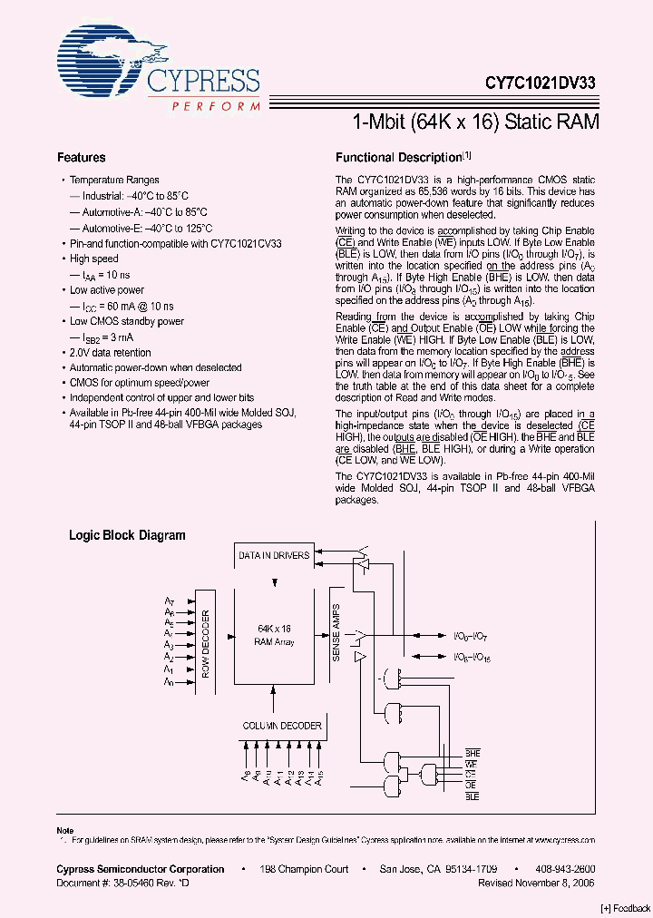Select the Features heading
[x=82, y=158]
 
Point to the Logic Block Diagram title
[x=127, y=535]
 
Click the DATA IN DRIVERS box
[x=273, y=555]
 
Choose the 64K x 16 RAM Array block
[x=273, y=634]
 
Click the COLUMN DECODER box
[x=281, y=726]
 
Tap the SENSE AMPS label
[x=336, y=632]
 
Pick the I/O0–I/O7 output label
[x=471, y=637]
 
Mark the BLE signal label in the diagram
[x=472, y=796]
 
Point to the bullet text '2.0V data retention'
[x=111, y=352]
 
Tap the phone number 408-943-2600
[x=565, y=869]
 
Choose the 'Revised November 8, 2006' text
[x=536, y=882]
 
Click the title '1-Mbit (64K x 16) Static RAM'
[x=475, y=122]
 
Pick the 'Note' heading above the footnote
[x=64, y=831]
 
